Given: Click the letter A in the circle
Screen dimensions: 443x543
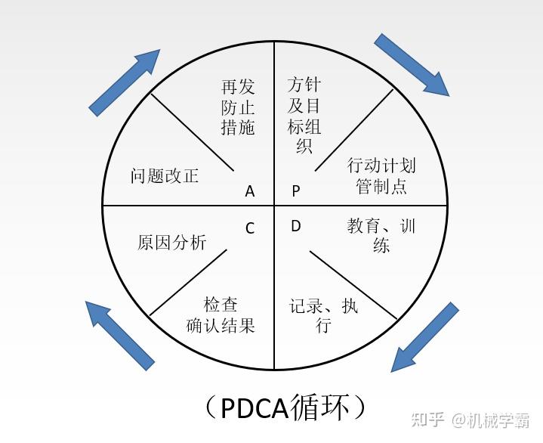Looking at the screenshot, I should tap(250, 191).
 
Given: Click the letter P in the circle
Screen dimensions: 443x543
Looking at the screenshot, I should tap(297, 191).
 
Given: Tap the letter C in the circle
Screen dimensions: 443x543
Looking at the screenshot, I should tap(250, 228).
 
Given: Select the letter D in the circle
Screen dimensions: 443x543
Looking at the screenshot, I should tap(296, 226).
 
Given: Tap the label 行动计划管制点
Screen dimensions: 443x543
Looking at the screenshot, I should tap(381, 175).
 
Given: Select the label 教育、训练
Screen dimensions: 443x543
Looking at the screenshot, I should tap(381, 235).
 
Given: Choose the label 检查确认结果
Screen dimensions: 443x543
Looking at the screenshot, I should tap(221, 314).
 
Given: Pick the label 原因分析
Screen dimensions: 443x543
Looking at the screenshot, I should tap(171, 242).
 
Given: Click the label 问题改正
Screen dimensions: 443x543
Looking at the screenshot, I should tap(165, 176).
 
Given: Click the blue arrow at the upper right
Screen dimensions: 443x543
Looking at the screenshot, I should tap(412, 64).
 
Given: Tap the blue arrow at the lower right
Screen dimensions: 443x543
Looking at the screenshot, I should tap(424, 337).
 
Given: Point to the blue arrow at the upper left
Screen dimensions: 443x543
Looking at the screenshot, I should tap(125, 82).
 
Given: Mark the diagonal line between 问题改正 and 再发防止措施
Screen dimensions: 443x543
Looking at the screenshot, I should tap(192, 132).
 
